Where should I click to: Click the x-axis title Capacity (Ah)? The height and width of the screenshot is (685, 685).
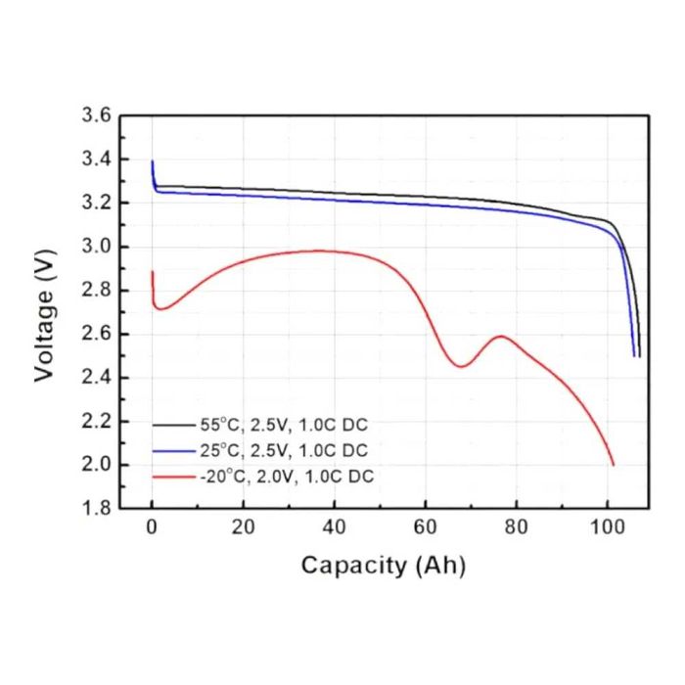(x=383, y=565)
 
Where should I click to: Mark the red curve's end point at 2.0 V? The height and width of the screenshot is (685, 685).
(x=613, y=465)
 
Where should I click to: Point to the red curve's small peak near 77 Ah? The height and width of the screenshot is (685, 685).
(x=501, y=337)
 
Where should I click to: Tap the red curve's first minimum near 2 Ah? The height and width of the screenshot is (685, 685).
(x=161, y=309)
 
